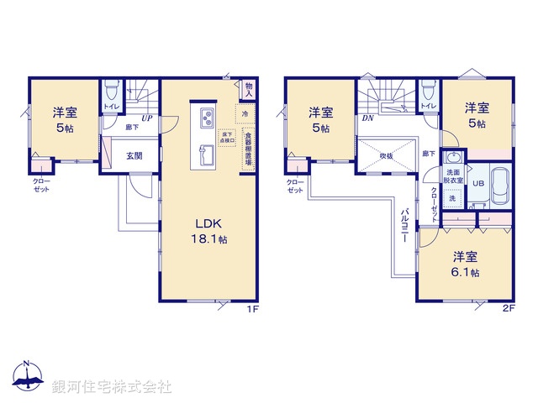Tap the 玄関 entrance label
(x=134, y=155)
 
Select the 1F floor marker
(x=251, y=309)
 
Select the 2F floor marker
(x=508, y=309)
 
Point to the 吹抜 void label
(x=386, y=155)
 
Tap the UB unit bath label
(x=477, y=184)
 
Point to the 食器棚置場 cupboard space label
(x=249, y=149)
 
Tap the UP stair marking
(x=146, y=119)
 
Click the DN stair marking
(x=367, y=118)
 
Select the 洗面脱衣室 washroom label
(x=453, y=176)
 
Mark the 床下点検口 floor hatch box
(x=226, y=138)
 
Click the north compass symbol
(x=27, y=379)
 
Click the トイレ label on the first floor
(x=111, y=107)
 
